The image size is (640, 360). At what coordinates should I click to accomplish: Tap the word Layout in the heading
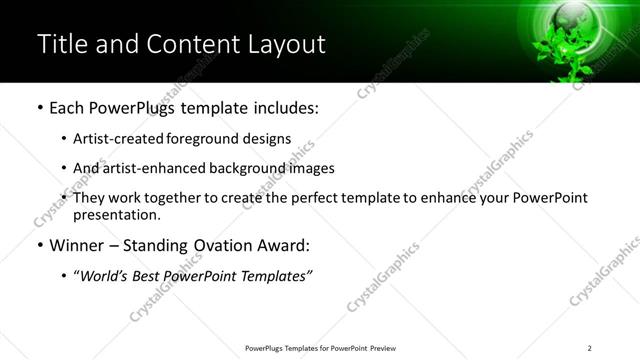[x=285, y=44]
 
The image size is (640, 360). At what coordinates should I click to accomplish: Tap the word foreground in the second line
[x=199, y=139]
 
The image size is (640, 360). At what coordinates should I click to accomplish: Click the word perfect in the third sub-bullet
[x=330, y=198]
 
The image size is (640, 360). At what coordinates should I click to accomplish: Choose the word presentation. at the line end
[x=117, y=215]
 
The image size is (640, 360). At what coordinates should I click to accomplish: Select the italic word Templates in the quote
[x=275, y=276]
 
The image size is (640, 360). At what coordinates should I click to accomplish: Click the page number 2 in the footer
[x=590, y=348]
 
